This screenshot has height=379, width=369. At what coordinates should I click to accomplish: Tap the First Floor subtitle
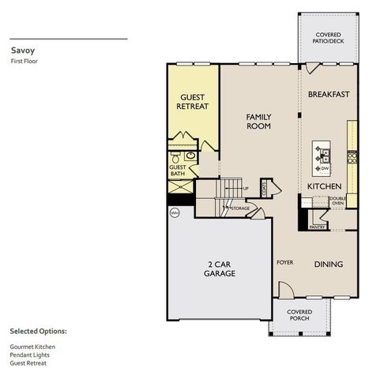click(x=24, y=61)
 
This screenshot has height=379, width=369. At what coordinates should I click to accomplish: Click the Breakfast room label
click(x=329, y=94)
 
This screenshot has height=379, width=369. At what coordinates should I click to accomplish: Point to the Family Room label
click(x=258, y=121)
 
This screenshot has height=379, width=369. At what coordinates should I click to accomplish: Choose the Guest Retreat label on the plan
click(x=192, y=102)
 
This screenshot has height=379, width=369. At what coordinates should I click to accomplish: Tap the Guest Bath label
click(x=177, y=171)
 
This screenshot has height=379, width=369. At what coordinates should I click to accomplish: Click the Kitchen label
click(x=324, y=186)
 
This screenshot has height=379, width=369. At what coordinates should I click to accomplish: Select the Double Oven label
click(x=337, y=202)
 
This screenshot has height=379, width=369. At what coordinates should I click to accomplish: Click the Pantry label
click(x=318, y=227)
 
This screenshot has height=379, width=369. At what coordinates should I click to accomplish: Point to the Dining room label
click(x=329, y=264)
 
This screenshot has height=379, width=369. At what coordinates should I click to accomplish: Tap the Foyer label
click(x=284, y=261)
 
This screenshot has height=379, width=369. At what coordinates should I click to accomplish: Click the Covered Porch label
click(x=304, y=316)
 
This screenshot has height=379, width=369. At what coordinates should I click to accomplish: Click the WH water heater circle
click(x=175, y=212)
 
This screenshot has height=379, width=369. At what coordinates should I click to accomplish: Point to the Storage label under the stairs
click(x=240, y=208)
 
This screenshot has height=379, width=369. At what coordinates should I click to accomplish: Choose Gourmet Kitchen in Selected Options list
click(x=32, y=347)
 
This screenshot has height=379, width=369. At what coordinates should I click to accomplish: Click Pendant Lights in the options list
click(x=30, y=355)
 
